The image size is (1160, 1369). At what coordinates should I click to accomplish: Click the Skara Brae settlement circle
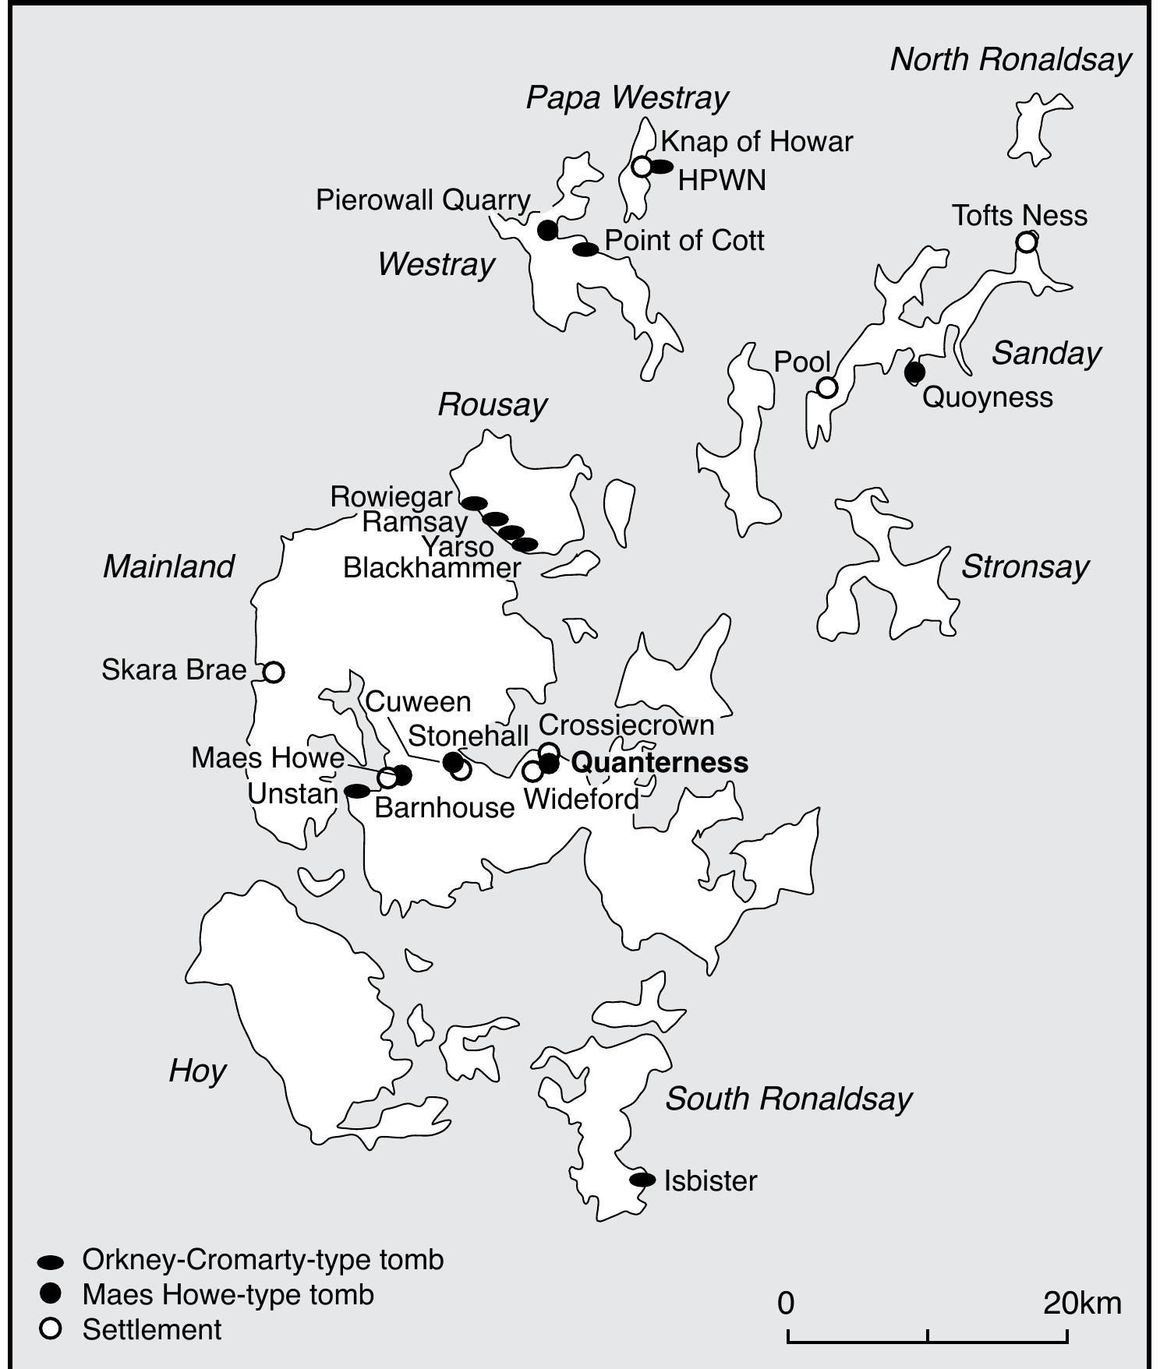click(x=273, y=672)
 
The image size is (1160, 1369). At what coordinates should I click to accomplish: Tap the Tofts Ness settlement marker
click(x=1027, y=242)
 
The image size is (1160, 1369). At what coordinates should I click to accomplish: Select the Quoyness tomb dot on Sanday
click(x=914, y=372)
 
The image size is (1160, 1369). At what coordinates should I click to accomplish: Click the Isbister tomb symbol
click(x=642, y=1180)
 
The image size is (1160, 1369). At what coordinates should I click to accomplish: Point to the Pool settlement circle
click(x=826, y=386)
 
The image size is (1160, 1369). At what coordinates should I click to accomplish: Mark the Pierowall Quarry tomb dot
click(x=548, y=230)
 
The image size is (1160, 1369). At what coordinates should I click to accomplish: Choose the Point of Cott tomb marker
click(x=585, y=249)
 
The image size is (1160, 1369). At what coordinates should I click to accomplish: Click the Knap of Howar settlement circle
click(x=642, y=166)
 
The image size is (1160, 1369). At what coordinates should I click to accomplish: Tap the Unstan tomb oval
click(x=357, y=791)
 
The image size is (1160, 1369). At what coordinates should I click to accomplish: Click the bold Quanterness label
click(x=660, y=762)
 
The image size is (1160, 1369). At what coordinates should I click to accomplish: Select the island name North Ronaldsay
click(x=1010, y=59)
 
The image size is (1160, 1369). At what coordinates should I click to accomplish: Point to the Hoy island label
click(x=197, y=1071)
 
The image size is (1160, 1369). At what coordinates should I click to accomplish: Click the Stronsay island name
click(x=1024, y=566)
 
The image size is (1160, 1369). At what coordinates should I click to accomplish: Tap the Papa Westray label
click(x=627, y=97)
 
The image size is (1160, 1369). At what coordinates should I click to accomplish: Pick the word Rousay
click(x=492, y=404)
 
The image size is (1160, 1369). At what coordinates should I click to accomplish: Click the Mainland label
click(x=168, y=566)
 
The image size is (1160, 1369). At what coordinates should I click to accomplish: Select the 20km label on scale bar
click(x=1082, y=1303)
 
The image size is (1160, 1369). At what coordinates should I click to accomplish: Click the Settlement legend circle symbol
click(x=51, y=1329)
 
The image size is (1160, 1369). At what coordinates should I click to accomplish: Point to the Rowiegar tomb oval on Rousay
click(x=475, y=503)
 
